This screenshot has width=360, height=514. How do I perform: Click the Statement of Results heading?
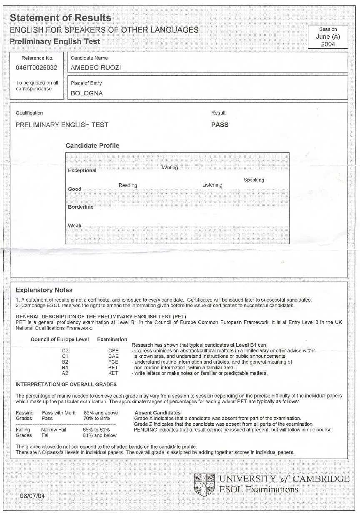pos(60,18)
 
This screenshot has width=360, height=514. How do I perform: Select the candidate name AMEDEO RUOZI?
pos(96,68)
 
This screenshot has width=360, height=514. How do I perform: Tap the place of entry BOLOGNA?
pos(87,93)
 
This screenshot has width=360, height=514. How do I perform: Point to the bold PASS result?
pos(220,125)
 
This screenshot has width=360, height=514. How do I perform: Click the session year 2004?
pos(328,44)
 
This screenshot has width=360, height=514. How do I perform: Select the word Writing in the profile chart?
pos(170,167)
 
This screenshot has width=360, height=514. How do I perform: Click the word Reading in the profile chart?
pos(127,185)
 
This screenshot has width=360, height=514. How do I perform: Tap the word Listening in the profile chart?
pos(212,185)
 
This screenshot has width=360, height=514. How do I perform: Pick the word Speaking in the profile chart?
pos(254,180)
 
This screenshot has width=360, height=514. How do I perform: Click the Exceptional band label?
pos(82,170)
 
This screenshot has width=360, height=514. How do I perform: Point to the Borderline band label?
pos(81,207)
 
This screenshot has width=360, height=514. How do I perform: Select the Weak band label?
pos(75,226)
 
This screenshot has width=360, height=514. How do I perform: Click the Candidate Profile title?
pos(92,146)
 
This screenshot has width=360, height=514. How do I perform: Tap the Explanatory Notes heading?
pos(44,290)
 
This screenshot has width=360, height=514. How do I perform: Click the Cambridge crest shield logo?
pos(204,484)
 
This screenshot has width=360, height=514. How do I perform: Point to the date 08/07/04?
pos(31,496)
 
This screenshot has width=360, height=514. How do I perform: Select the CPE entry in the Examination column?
pos(113,351)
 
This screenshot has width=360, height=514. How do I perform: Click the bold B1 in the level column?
pos(65,368)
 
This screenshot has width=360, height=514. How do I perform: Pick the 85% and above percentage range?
pos(101,413)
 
